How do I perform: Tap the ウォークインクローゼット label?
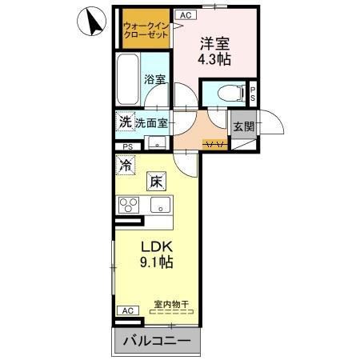[x=145, y=31]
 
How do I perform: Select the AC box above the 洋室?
[x=185, y=15]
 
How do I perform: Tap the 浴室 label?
[x=154, y=79]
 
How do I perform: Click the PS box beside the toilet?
[x=254, y=93]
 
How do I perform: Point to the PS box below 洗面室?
[x=128, y=146]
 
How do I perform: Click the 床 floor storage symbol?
[x=155, y=181]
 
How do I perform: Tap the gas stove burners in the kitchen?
[x=130, y=204]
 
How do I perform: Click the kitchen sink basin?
[x=161, y=205]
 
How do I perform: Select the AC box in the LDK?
[x=126, y=310]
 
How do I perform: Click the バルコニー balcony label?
[x=157, y=342]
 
